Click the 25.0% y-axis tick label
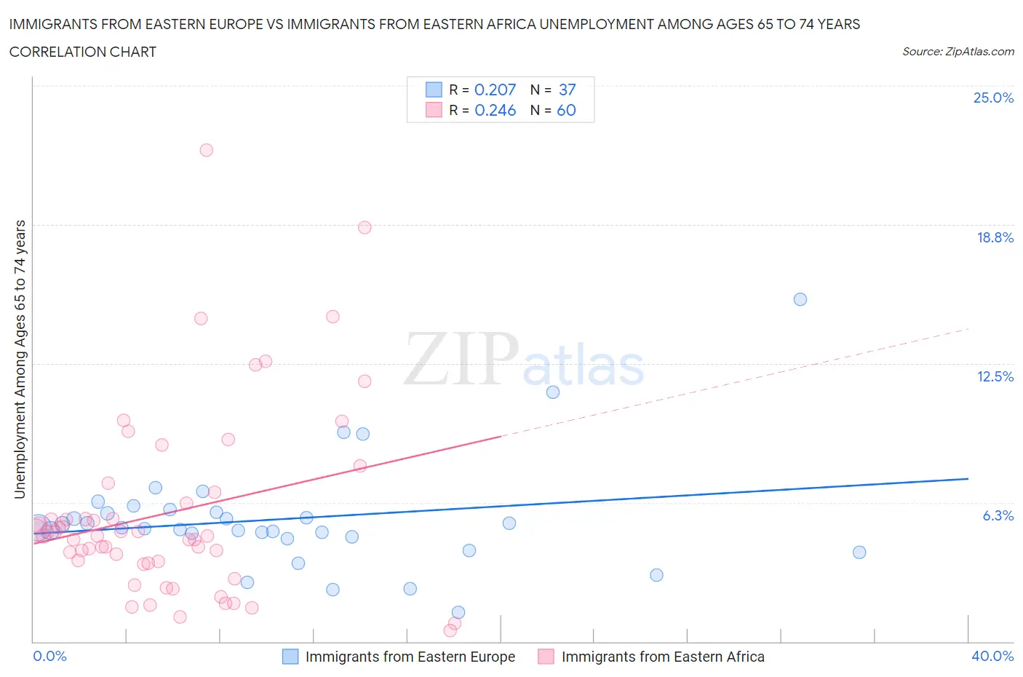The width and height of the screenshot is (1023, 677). [993, 98]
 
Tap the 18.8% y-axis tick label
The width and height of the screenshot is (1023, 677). [995, 237]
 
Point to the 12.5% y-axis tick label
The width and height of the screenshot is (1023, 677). [995, 376]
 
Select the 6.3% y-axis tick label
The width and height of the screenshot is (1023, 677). [998, 515]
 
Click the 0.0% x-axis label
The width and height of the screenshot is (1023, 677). [49, 656]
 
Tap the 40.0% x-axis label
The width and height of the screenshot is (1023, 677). [992, 656]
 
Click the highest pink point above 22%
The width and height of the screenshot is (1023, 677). [207, 150]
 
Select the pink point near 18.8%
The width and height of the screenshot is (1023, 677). [365, 227]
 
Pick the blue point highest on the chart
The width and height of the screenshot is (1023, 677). [800, 299]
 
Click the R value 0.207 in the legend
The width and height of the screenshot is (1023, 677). [495, 90]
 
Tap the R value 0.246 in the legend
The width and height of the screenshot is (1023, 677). [495, 110]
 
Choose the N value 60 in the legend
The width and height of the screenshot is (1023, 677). [566, 110]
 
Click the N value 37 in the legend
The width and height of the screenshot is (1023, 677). [567, 90]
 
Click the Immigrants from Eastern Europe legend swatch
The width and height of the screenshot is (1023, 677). [290, 657]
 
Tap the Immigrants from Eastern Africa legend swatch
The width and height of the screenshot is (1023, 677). [546, 657]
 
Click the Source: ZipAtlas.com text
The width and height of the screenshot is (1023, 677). [958, 52]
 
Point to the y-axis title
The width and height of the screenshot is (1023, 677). [20, 359]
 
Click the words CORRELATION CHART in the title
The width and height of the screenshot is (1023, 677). [83, 52]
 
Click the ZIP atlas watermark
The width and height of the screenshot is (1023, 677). [524, 360]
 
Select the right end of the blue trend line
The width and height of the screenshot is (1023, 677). [968, 479]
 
